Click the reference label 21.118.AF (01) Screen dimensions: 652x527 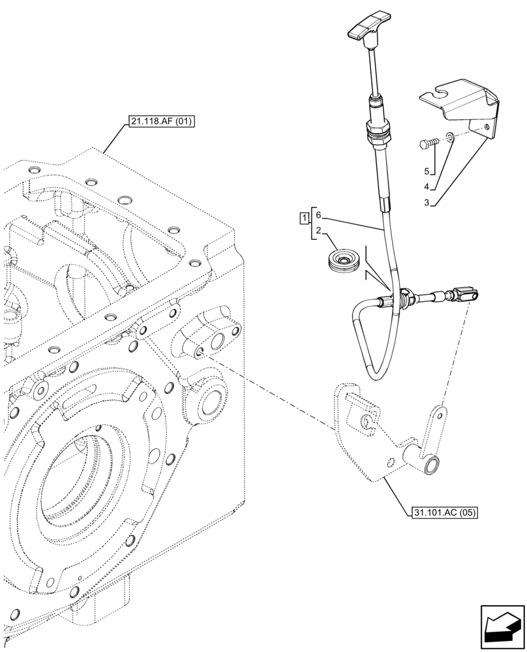pos(158,121)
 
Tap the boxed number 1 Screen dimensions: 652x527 pos(305,216)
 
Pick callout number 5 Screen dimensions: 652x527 pos(426,171)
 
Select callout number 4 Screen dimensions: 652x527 pos(426,187)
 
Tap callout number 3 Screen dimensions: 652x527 pos(426,203)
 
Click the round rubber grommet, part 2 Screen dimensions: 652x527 pos(343,261)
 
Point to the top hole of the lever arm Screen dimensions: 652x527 pos(442,413)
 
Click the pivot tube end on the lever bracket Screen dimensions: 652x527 pos(431,466)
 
